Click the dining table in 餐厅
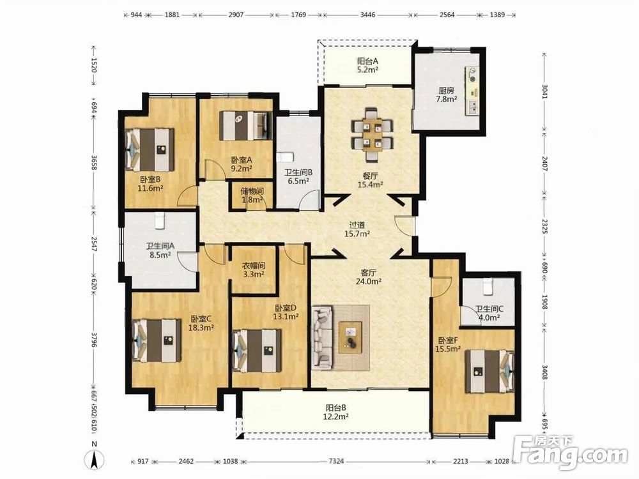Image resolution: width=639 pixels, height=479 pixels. [372, 135]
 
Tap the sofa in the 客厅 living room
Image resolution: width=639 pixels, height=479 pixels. [322, 337]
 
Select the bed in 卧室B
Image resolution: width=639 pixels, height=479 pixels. [150, 150]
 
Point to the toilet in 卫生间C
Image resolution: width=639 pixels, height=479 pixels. [488, 286]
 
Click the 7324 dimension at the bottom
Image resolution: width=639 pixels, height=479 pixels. [337, 461]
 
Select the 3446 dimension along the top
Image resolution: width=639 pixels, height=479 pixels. [368, 15]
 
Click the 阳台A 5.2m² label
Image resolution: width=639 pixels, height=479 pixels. [368, 65]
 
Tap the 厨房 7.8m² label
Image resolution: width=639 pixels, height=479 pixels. [446, 95]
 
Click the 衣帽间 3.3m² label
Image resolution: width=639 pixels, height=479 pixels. [254, 270]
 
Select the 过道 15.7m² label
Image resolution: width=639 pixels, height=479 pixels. [357, 229]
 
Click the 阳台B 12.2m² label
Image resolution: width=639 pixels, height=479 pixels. [336, 412]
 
